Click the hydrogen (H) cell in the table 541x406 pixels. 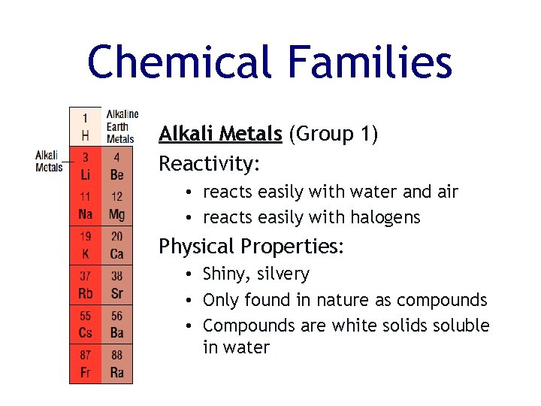tap(85, 127)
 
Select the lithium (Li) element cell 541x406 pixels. tap(85, 166)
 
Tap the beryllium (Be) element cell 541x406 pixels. tap(116, 166)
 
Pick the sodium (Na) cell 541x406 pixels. tap(85, 205)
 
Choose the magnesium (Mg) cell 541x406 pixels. tap(116, 205)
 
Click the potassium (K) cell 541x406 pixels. tap(85, 245)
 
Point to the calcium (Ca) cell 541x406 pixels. tap(116, 245)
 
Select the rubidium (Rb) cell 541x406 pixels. tap(85, 284)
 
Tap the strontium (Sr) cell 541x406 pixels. tap(116, 284)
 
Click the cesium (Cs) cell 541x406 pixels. tap(85, 324)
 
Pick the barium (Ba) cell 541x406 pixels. tap(116, 324)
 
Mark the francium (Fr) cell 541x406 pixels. tap(85, 364)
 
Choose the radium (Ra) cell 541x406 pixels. tap(116, 364)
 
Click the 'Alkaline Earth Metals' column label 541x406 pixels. tap(121, 126)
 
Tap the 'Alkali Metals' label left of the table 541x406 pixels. tap(49, 161)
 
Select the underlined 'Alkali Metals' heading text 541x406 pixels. tap(220, 134)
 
